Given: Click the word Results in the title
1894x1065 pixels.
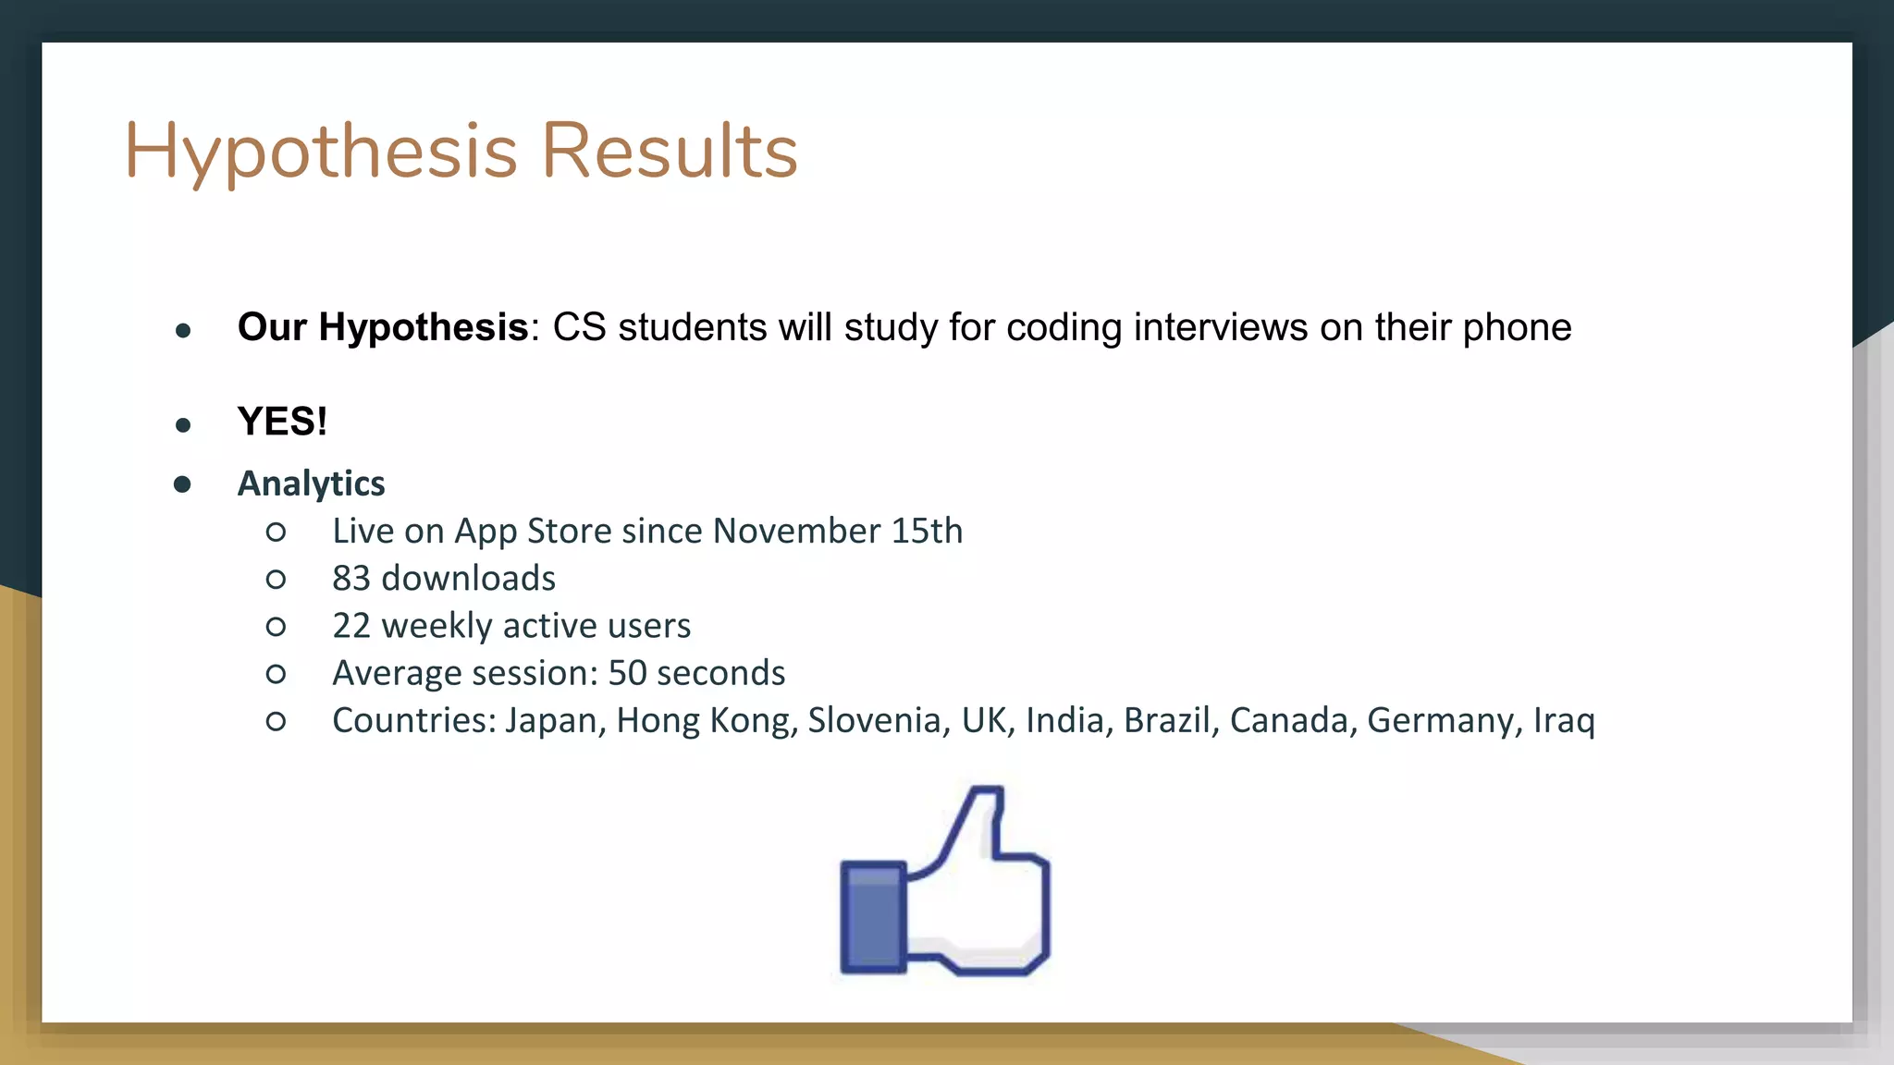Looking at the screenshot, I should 670,151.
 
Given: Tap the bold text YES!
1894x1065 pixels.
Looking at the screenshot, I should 282,422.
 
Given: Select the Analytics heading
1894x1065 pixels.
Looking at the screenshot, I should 311,484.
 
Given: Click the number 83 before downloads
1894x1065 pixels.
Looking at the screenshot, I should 351,579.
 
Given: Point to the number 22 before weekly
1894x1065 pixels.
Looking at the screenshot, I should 351,626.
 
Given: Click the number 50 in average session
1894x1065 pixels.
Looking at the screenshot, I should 627,673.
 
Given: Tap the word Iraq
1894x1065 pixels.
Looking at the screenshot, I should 1564,721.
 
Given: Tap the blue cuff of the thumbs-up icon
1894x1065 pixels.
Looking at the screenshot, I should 873,916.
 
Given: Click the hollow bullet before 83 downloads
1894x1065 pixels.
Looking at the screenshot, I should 276,580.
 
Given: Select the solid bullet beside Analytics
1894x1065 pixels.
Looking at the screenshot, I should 182,484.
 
